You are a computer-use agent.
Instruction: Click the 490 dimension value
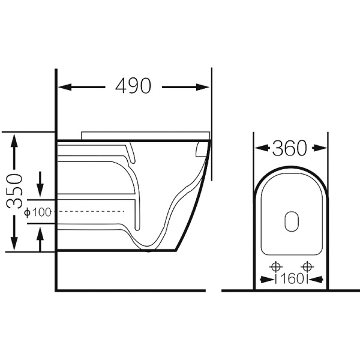(133, 86)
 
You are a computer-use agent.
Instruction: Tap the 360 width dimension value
(289, 148)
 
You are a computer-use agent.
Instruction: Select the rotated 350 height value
(14, 191)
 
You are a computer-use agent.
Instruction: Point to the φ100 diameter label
(38, 212)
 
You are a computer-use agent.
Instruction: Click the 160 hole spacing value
(292, 279)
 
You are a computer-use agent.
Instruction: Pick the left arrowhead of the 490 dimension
(65, 87)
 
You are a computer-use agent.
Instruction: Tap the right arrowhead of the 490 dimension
(203, 87)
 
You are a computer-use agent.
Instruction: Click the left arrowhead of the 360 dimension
(262, 148)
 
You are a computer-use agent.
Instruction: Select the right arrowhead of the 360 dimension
(320, 148)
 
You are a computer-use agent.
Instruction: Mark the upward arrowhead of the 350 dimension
(14, 141)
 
